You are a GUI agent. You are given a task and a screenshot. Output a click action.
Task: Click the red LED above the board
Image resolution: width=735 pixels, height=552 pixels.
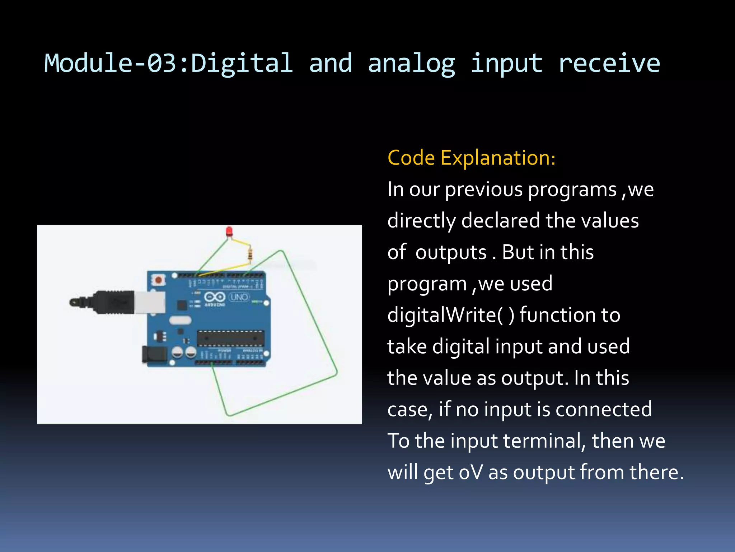click(229, 231)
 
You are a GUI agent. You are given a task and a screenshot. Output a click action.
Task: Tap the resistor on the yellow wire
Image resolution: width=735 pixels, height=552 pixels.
click(250, 254)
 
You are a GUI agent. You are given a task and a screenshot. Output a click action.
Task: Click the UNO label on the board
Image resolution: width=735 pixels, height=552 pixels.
click(239, 297)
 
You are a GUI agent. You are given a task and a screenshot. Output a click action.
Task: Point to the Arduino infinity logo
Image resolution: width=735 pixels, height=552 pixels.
click(215, 297)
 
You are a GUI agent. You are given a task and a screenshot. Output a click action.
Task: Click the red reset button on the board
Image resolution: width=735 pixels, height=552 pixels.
click(158, 279)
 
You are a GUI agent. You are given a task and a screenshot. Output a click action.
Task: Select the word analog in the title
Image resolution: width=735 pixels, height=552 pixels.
click(411, 63)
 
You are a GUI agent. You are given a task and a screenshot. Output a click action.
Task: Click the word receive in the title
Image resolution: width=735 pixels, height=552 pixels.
click(609, 63)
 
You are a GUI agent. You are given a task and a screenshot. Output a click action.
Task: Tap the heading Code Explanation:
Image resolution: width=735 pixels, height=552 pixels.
click(472, 158)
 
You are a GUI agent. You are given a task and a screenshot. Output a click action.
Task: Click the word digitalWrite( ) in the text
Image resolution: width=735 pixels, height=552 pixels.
click(451, 315)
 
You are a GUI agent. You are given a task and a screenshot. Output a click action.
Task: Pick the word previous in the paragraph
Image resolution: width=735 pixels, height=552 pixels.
click(484, 189)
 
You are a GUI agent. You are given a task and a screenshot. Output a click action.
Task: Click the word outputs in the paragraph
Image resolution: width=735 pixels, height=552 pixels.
click(451, 252)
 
